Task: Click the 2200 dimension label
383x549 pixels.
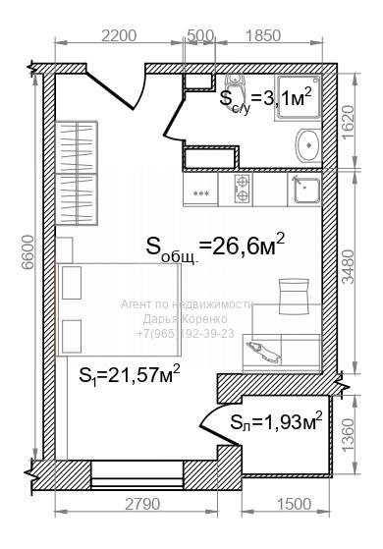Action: pos(118,35)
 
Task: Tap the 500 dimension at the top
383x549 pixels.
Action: pos(200,35)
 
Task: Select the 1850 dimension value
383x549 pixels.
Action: pos(263,35)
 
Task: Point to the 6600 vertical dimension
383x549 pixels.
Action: pos(27,251)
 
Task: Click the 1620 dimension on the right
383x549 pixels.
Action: pos(349,122)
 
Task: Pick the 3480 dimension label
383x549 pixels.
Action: pos(349,266)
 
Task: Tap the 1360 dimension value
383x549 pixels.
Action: pos(349,435)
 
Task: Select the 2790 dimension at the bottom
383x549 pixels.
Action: pos(142,505)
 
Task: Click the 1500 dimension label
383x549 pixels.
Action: pos(294,505)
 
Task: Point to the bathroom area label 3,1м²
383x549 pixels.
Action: pos(266,100)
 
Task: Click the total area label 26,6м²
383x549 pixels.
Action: pos(215,247)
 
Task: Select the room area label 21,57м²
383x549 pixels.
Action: pos(130,375)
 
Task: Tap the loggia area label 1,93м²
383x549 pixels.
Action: pos(276,421)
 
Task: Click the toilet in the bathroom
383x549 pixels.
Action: pos(237,89)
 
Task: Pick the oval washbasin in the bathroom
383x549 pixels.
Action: pos(308,145)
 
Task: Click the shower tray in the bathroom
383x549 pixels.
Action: pos(299,97)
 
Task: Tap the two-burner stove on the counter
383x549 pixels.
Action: pos(242,190)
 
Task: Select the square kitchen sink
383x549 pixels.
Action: pos(306,190)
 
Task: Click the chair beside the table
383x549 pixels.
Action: pos(294,296)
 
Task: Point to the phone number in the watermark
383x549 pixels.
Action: pos(186,334)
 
